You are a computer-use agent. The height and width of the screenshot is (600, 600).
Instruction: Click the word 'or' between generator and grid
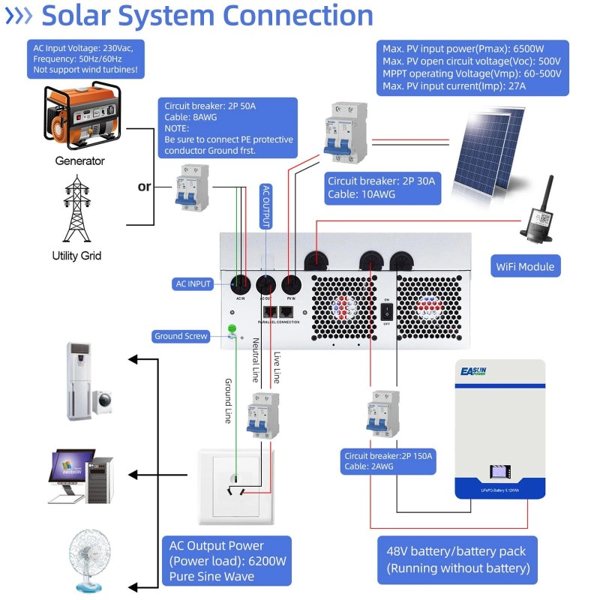pyautogui.click(x=144, y=186)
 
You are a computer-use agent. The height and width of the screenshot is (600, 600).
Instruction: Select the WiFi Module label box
pyautogui.click(x=525, y=266)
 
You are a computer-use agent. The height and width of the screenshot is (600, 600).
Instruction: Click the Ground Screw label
pyautogui.click(x=181, y=336)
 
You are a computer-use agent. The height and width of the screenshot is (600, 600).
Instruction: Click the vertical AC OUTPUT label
pyautogui.click(x=265, y=206)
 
